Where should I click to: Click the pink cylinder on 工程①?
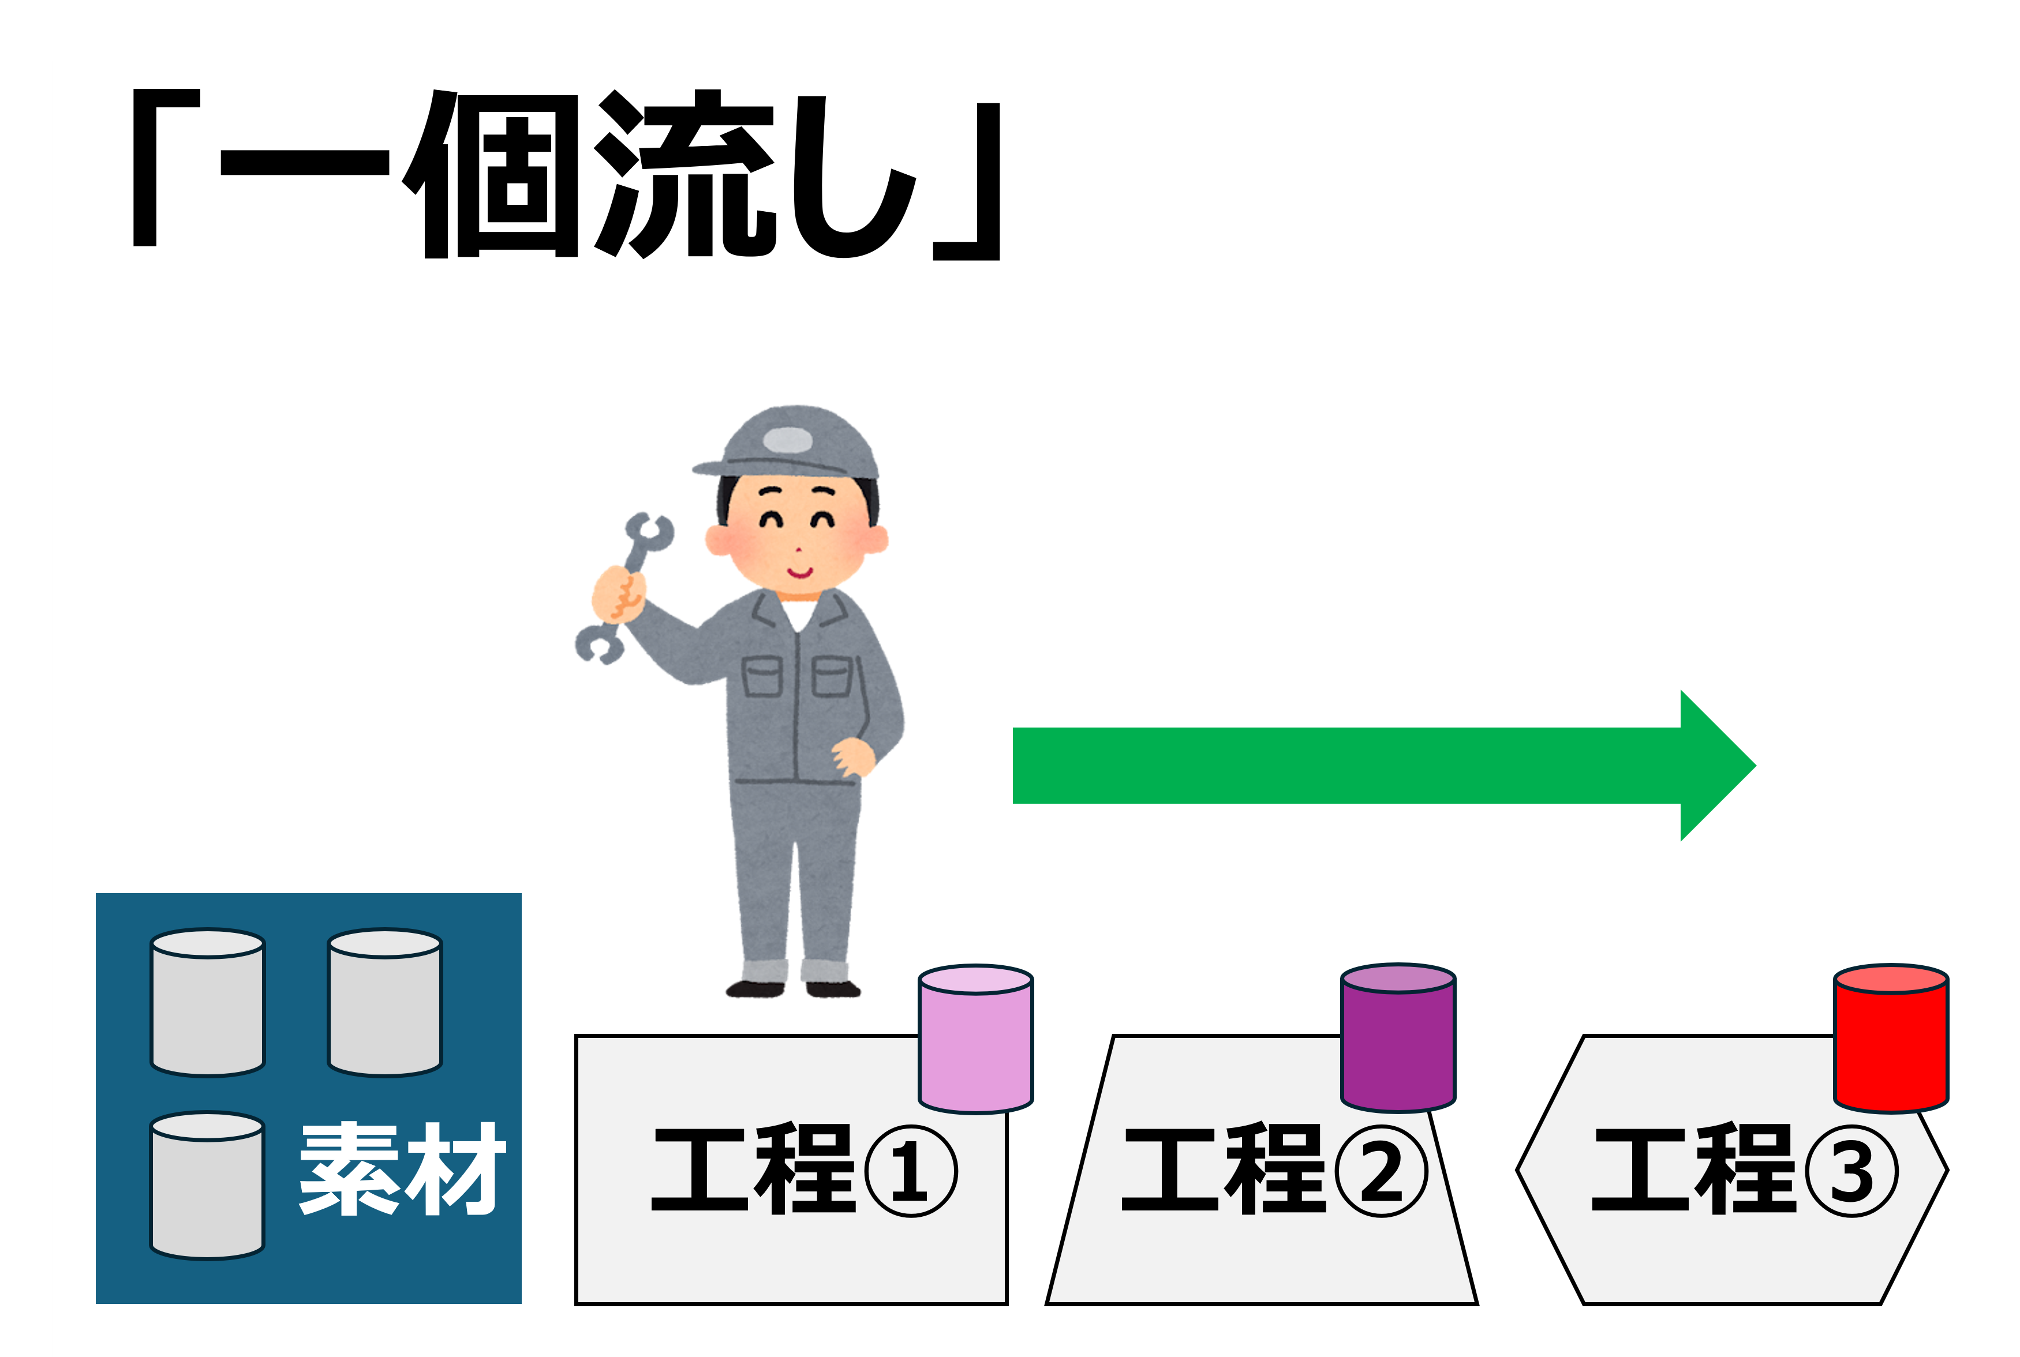pos(975,1039)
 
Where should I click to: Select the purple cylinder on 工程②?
pos(1398,1037)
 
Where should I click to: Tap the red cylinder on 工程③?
pos(1891,1037)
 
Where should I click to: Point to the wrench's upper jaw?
pos(650,531)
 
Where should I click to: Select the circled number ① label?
pos(911,1172)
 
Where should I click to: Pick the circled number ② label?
pos(1381,1172)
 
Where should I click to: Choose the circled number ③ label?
pos(1852,1172)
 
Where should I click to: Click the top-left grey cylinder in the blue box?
pos(208,1002)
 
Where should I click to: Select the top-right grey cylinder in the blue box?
pos(385,1002)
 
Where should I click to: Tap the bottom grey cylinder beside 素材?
pos(208,1185)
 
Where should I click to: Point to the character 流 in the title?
pos(684,173)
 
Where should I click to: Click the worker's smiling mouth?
pos(799,571)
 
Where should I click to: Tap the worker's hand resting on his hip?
pos(854,757)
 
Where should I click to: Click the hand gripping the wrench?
pos(618,594)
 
